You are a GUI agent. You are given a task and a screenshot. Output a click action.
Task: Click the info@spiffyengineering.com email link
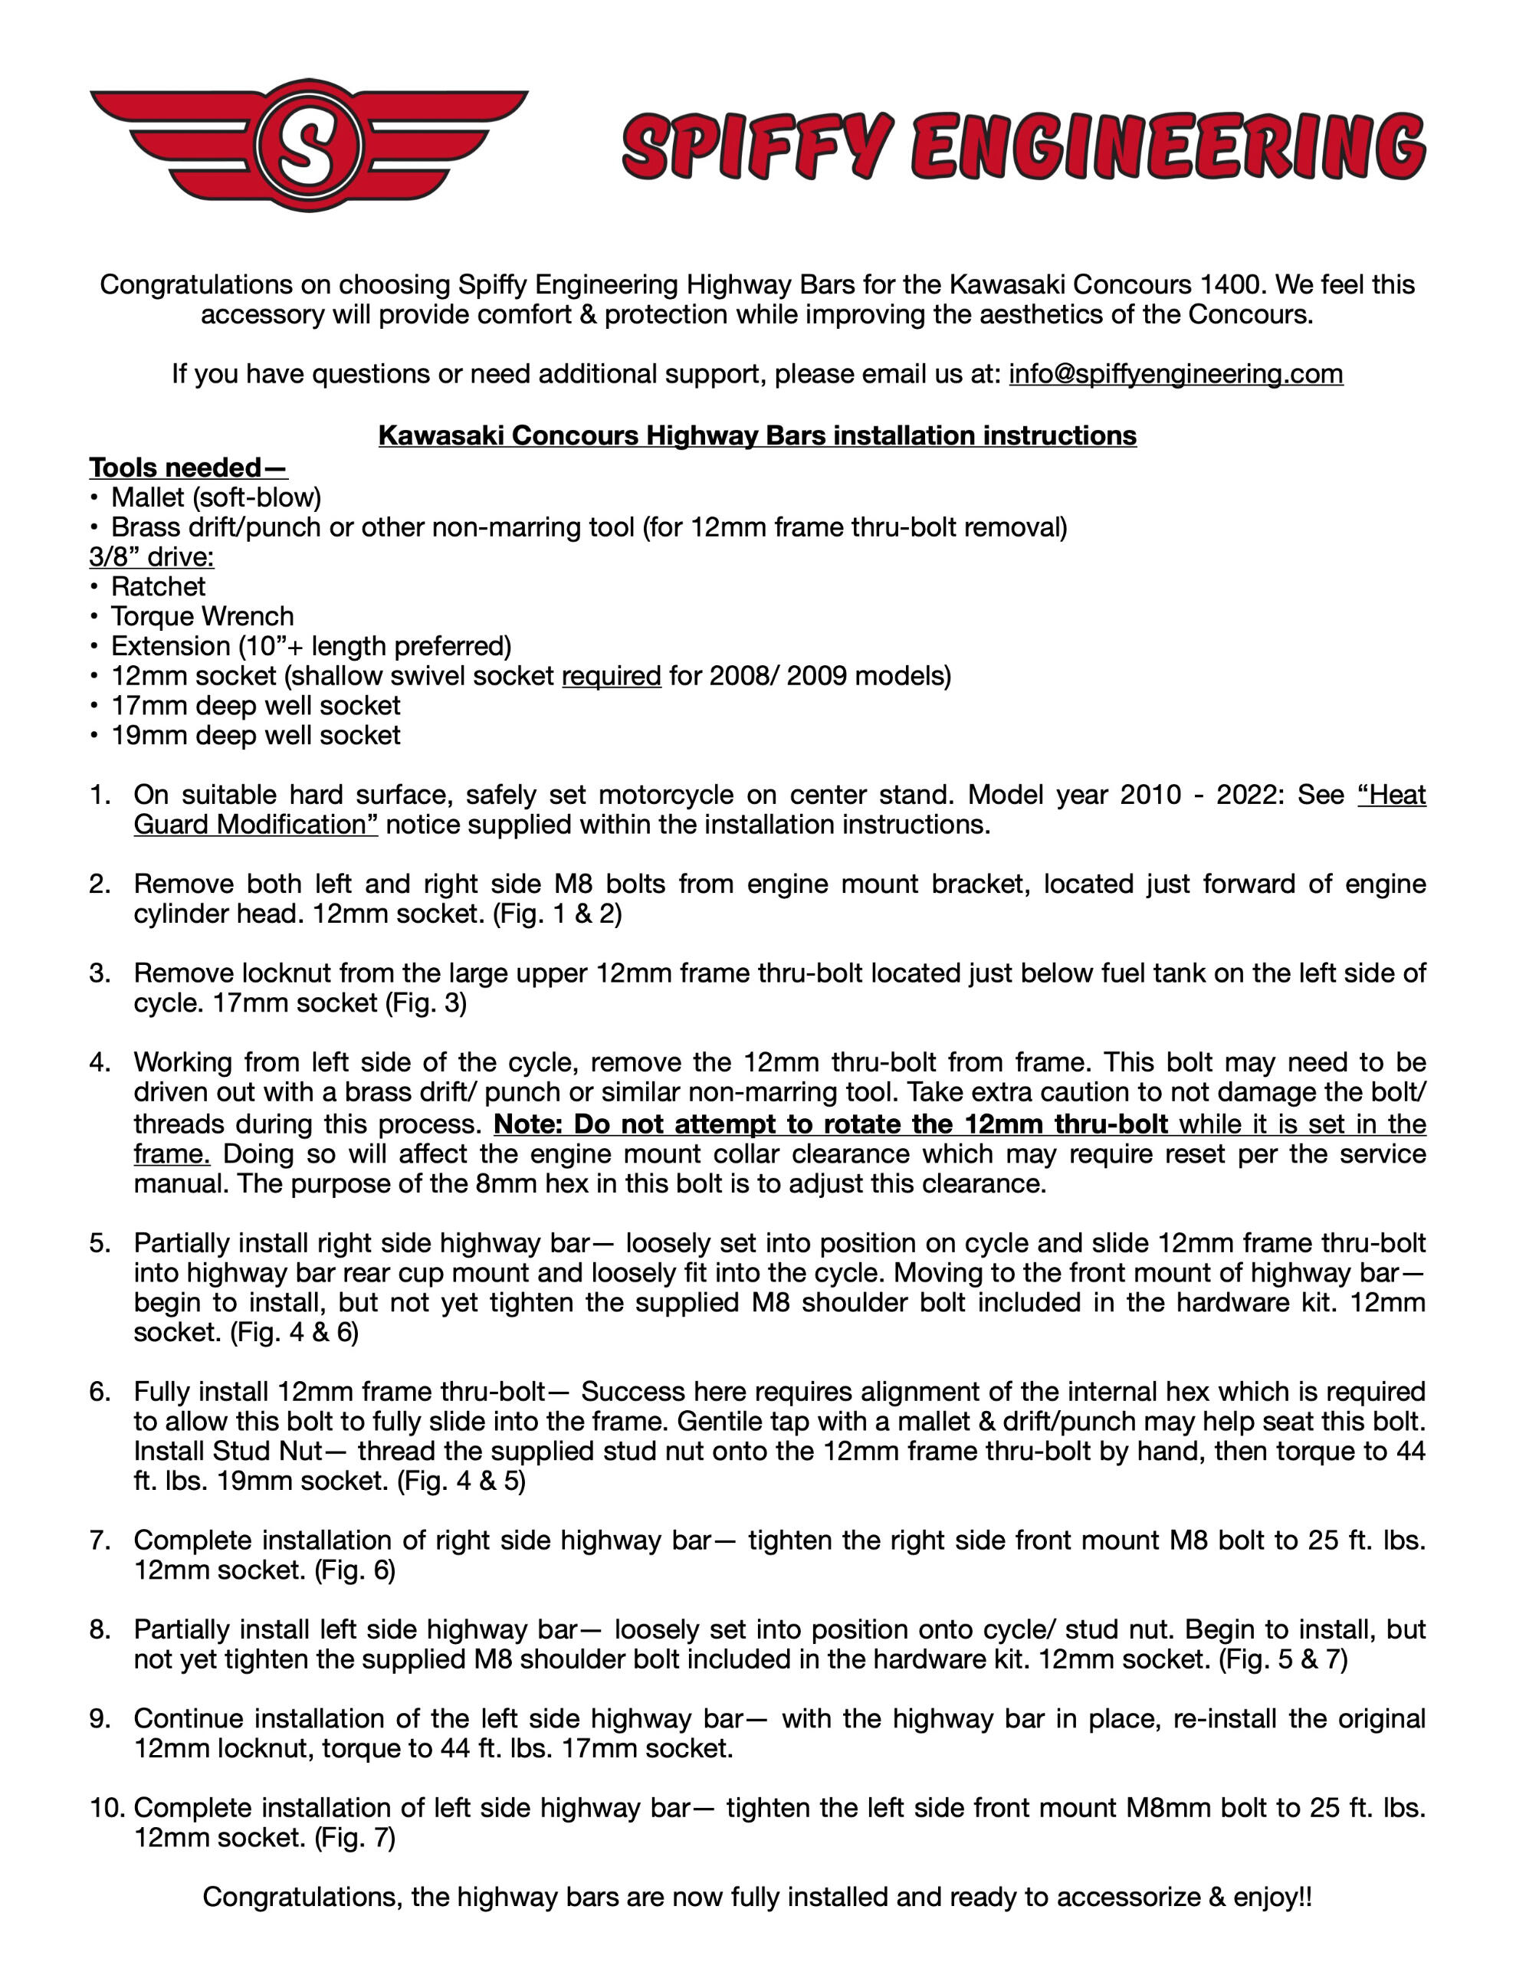click(x=1176, y=374)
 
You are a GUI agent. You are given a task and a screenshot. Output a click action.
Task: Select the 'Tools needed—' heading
click(x=188, y=468)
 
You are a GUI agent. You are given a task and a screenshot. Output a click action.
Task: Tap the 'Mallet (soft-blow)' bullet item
click(x=215, y=497)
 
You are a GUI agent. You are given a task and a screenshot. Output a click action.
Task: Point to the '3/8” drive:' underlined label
click(x=151, y=556)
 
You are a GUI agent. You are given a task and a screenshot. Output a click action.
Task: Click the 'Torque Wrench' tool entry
click(x=202, y=616)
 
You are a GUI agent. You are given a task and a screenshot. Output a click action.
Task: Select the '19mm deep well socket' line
click(x=255, y=735)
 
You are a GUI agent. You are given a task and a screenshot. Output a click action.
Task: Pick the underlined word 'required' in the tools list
click(x=611, y=675)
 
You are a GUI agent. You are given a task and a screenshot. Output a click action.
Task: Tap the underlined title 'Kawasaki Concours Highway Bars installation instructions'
click(x=756, y=435)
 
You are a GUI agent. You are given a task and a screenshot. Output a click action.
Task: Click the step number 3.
click(x=99, y=973)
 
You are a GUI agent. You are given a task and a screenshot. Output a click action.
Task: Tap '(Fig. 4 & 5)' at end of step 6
click(x=460, y=1481)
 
